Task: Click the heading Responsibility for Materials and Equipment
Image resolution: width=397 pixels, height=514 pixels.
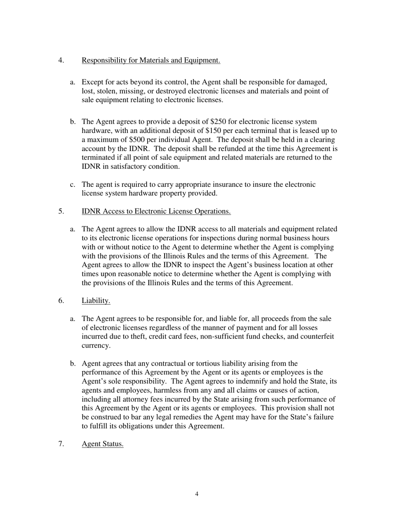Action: [x=151, y=60]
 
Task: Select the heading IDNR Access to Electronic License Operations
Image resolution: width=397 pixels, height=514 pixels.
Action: [x=156, y=211]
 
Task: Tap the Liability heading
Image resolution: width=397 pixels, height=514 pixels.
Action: [x=96, y=300]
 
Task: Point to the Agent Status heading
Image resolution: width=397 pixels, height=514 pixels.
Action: [x=102, y=444]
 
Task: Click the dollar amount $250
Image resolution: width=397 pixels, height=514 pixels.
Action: [x=219, y=122]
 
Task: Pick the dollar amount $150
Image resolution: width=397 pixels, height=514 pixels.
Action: [x=214, y=131]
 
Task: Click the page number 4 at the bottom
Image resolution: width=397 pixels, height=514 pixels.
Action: [x=197, y=494]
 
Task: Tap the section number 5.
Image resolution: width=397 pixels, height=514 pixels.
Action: [x=61, y=211]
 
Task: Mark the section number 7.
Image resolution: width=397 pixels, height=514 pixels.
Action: [x=61, y=444]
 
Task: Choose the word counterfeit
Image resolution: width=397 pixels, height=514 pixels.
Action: [x=315, y=336]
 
